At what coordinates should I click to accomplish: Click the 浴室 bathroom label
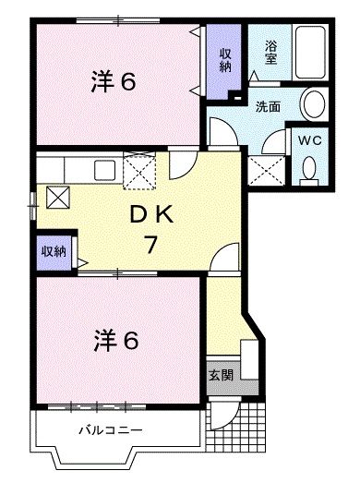(271, 53)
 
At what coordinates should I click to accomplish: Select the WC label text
(309, 141)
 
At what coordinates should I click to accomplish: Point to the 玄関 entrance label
(221, 377)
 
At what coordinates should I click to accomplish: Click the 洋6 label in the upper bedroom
(114, 83)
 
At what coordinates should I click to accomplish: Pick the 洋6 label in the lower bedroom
(114, 341)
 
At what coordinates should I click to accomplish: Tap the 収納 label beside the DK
(54, 250)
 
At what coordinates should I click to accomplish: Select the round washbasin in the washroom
(312, 102)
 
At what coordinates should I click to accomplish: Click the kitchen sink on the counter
(103, 169)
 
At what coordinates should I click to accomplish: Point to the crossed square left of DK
(56, 197)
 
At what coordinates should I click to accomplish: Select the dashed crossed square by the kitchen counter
(141, 169)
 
